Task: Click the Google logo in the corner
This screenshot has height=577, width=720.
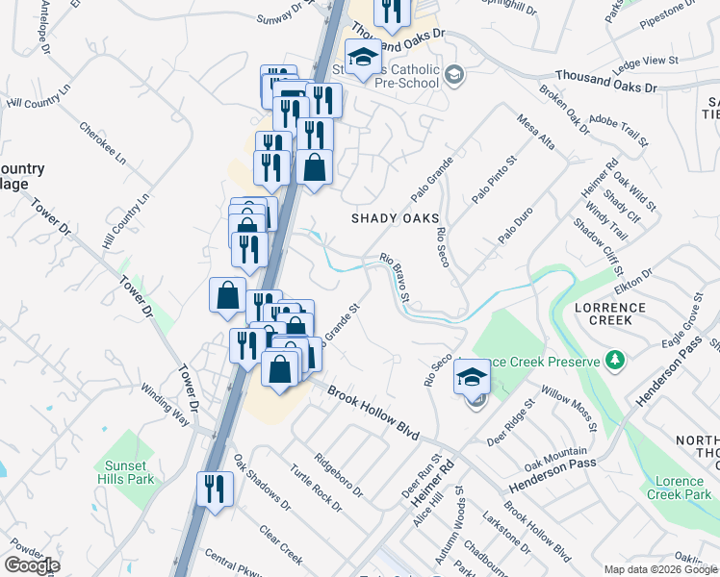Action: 32,565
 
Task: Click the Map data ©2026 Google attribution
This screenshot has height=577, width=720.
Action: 660,569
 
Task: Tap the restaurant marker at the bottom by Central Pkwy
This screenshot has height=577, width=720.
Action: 214,489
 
